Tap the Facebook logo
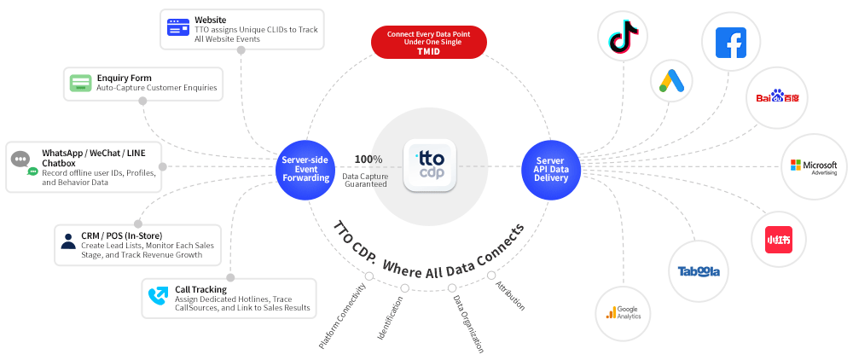(730, 41)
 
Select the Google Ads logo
(670, 82)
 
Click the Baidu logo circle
(776, 97)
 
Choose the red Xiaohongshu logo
(778, 239)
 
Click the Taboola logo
(699, 271)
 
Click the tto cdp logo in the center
(429, 165)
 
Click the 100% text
(368, 160)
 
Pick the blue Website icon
(178, 27)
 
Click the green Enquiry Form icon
(81, 84)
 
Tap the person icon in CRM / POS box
(68, 241)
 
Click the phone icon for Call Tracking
(158, 295)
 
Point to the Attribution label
(510, 294)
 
